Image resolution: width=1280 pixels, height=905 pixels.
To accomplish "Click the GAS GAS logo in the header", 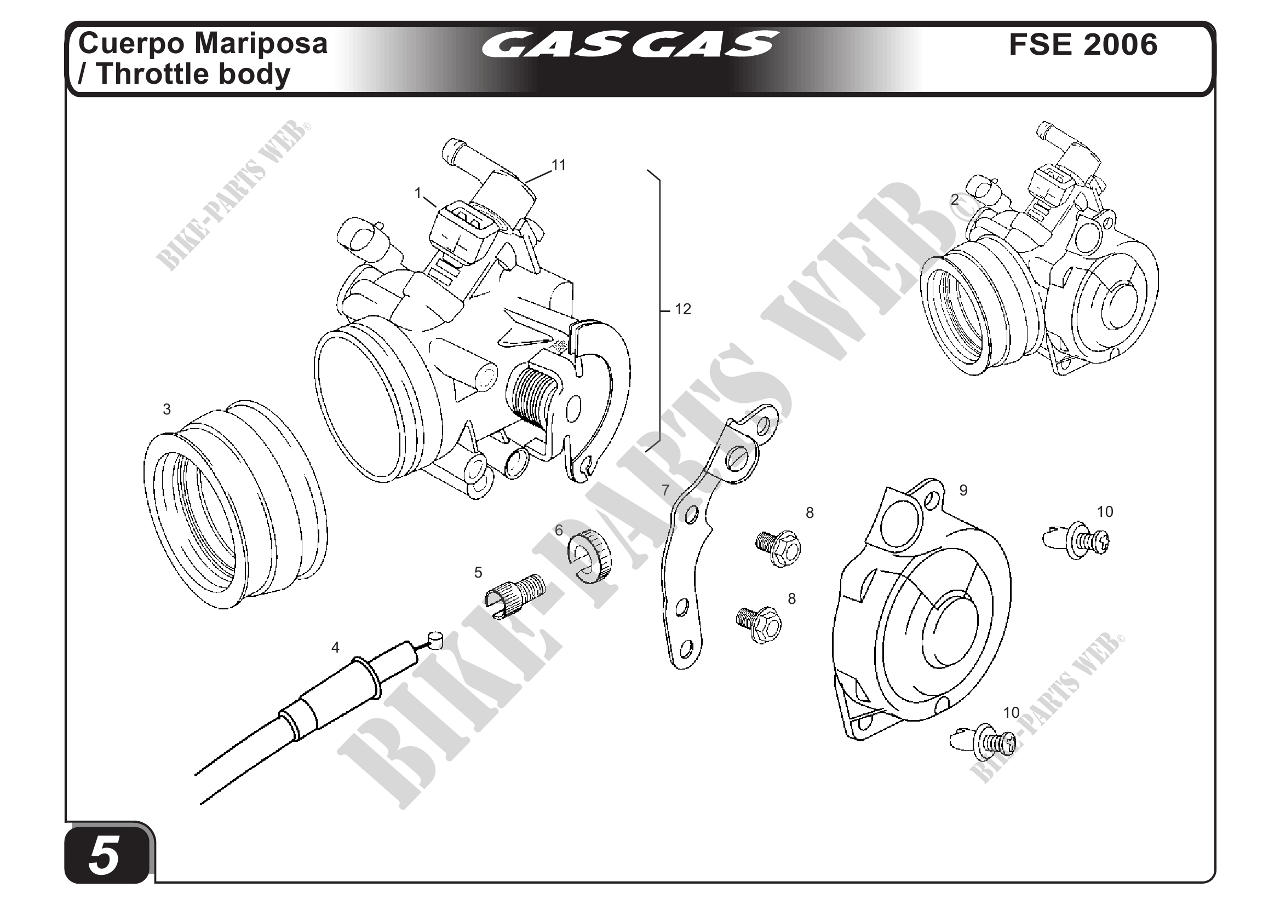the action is pyautogui.click(x=628, y=44).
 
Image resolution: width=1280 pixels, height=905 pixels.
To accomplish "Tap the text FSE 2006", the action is pyautogui.click(x=1083, y=44).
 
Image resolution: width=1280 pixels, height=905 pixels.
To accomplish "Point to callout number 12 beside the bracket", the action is pyautogui.click(x=683, y=309).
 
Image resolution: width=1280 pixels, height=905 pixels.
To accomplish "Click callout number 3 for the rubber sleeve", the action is pyautogui.click(x=167, y=409).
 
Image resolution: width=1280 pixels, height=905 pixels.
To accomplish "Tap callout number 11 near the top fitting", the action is pyautogui.click(x=559, y=165).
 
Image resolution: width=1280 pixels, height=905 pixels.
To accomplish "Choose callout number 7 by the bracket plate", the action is pyautogui.click(x=665, y=491).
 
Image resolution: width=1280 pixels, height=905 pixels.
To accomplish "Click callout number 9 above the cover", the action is pyautogui.click(x=963, y=490).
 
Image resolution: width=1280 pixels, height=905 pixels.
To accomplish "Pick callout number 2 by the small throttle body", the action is pyautogui.click(x=955, y=199).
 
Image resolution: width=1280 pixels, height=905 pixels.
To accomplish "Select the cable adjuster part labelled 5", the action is pyautogui.click(x=515, y=596).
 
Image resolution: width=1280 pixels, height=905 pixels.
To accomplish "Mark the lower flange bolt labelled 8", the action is pyautogui.click(x=759, y=624).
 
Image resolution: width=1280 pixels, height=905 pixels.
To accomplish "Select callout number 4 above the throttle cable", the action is pyautogui.click(x=335, y=647).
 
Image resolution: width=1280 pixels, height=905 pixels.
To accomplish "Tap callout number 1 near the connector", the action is pyautogui.click(x=417, y=193).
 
